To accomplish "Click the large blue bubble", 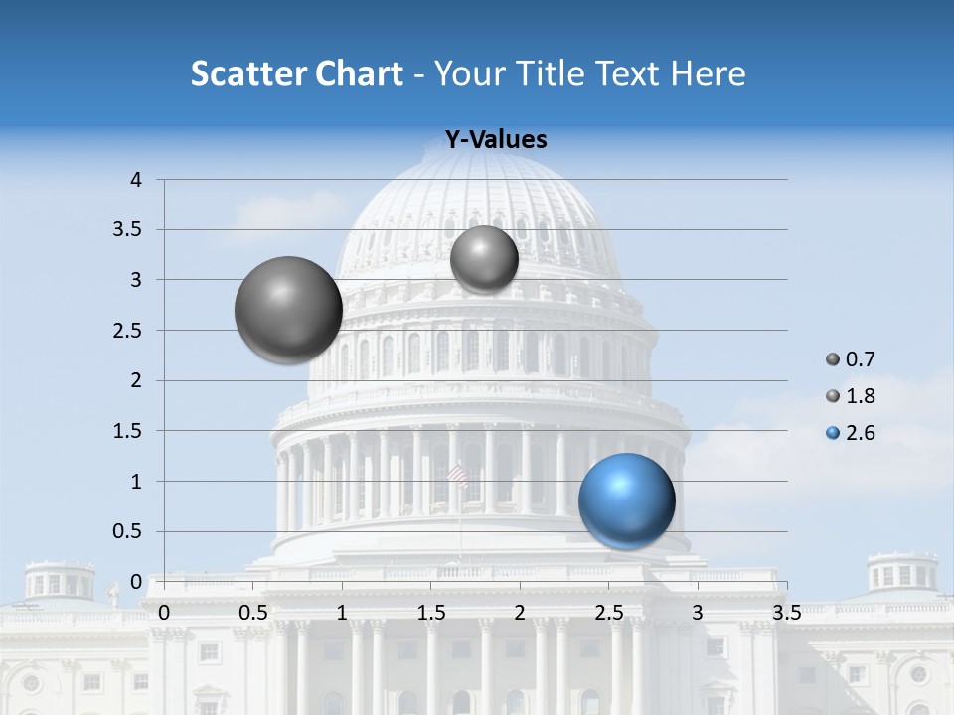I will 626,500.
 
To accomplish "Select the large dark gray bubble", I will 288,310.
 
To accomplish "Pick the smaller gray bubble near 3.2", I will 484,259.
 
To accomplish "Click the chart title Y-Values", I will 495,140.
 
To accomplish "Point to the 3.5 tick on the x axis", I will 786,611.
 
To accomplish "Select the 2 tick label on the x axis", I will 520,611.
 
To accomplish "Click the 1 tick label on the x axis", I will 342,611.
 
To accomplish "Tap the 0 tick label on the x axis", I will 164,611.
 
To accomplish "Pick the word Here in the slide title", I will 709,73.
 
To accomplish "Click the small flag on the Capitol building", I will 458,478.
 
